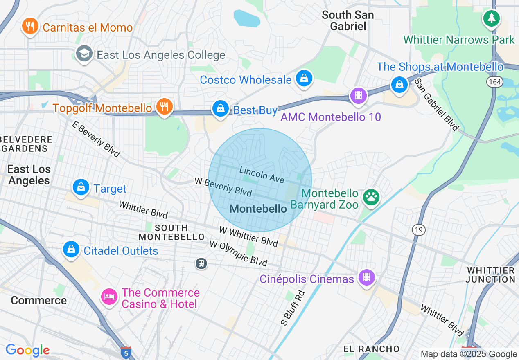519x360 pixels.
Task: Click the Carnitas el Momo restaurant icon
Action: [x=30, y=27]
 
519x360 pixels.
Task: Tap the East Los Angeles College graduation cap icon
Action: [x=84, y=54]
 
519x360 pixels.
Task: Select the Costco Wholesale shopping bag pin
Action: [x=304, y=79]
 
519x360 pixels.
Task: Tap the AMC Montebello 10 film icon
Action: [x=359, y=96]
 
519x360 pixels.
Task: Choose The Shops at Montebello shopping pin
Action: [x=399, y=85]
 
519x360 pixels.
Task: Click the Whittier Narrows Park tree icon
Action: [x=491, y=18]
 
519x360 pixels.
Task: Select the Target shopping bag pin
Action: [x=81, y=188]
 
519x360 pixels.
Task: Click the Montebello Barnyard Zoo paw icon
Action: [x=371, y=198]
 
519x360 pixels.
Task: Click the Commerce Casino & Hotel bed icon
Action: [x=109, y=297]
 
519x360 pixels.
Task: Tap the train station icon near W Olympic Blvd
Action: [x=201, y=263]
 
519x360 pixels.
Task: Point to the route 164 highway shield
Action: [x=494, y=82]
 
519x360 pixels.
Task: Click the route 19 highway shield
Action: [x=418, y=230]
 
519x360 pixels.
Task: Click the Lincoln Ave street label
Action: [x=262, y=175]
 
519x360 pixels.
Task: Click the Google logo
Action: [x=27, y=350]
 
